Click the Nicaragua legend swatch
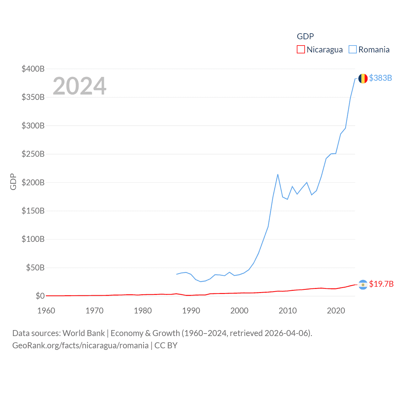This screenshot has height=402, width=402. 301,50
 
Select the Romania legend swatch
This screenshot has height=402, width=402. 353,50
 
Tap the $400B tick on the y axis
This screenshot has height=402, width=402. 33,69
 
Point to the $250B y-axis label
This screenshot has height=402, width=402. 33,154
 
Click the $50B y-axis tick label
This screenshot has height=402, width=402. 35,268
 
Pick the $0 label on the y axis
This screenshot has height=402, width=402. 40,296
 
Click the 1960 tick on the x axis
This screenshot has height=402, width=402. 46,311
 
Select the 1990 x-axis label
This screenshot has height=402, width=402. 191,311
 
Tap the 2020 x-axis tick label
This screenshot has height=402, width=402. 336,311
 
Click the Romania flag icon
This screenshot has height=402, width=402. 363,78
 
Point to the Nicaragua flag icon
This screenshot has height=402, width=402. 363,285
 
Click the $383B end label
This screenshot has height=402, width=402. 381,78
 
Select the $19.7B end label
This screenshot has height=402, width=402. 381,284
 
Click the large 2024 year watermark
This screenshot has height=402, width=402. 79,86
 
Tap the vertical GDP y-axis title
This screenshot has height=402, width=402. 13,182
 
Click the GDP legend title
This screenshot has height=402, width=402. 305,36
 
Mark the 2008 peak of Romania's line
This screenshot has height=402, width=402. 278,174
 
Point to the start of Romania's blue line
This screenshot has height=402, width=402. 177,274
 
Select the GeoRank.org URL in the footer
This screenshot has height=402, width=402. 80,345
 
